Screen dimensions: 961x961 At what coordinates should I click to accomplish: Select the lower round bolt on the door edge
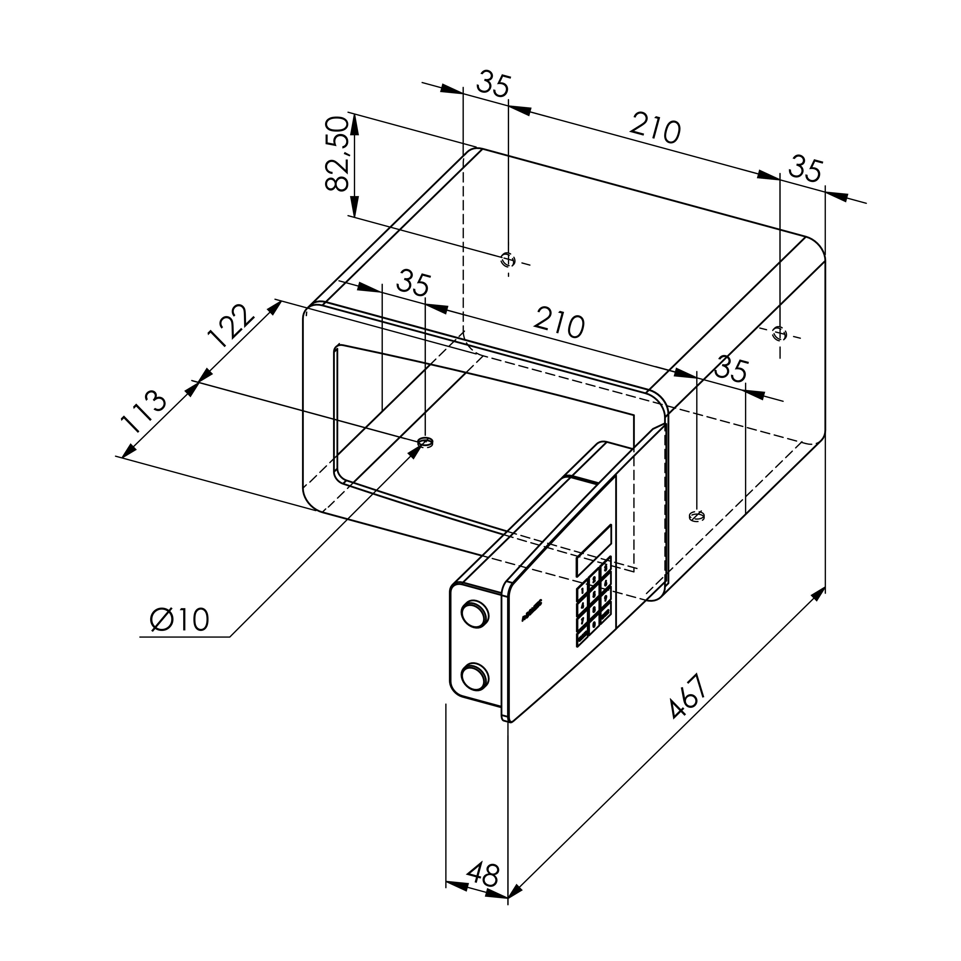(474, 676)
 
